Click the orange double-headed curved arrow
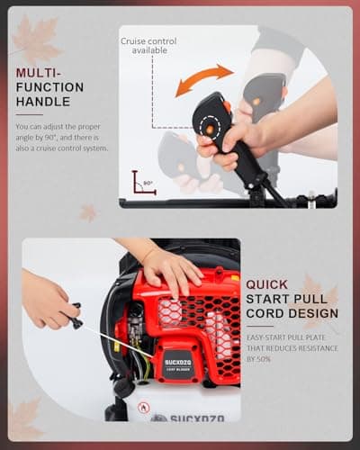tap(203, 79)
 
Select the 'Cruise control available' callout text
tap(149, 45)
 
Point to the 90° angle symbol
tap(142, 184)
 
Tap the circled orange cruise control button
tap(209, 130)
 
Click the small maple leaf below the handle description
tap(88, 212)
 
